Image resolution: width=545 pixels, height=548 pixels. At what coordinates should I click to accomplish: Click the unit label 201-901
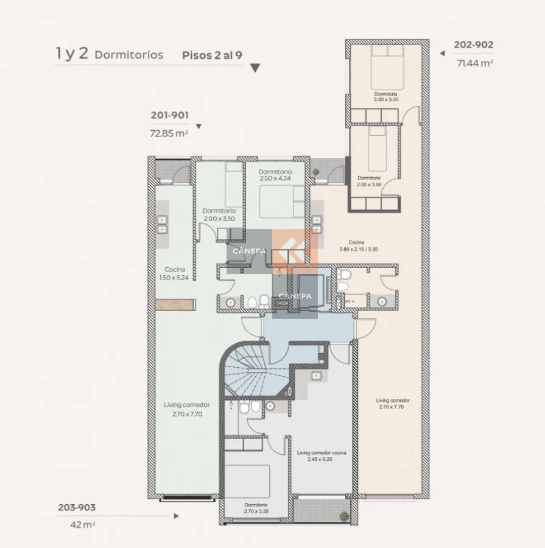[169, 115]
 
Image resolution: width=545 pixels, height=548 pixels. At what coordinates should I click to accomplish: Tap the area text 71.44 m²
[475, 63]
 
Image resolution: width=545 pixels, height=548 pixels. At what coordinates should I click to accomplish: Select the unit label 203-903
[77, 507]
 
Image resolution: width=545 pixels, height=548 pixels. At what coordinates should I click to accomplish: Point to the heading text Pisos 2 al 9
[212, 55]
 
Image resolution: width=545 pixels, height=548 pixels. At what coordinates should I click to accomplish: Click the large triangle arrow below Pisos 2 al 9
[255, 68]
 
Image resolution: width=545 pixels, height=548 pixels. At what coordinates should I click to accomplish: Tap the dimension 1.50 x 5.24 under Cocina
[174, 278]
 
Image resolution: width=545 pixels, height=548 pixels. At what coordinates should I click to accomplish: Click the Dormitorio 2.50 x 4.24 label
[275, 175]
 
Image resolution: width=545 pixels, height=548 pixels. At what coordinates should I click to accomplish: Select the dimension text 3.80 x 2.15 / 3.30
[358, 250]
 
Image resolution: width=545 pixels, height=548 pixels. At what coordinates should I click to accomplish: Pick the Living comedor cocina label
[322, 453]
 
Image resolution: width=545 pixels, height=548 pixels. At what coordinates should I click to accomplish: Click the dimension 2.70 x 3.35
[256, 511]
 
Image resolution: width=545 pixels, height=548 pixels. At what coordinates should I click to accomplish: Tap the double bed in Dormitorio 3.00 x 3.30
[387, 68]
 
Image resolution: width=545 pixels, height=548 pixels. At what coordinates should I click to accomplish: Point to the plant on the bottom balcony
[344, 516]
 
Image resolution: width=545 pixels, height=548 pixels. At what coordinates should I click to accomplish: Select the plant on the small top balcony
[316, 172]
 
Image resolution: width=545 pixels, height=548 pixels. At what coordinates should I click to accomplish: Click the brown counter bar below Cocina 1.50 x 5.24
[175, 305]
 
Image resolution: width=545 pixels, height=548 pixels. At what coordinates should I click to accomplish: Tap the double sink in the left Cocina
[162, 225]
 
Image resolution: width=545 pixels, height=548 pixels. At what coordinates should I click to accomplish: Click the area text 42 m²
[83, 525]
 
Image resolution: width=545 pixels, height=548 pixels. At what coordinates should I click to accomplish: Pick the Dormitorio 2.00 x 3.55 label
[369, 181]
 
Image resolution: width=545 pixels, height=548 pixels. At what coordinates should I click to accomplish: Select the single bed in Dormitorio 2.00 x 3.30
[234, 184]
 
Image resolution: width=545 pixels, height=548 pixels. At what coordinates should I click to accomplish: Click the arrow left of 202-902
[443, 54]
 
